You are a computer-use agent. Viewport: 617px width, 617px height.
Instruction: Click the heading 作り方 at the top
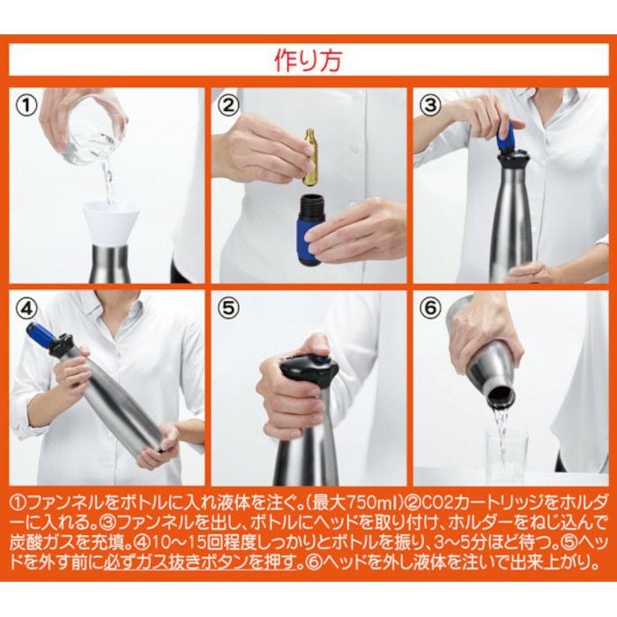point(308,62)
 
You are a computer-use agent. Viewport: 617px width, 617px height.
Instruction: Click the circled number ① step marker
point(28,106)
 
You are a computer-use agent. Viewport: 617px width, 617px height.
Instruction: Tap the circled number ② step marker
point(229,107)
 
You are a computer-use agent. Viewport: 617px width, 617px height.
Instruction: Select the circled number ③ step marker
point(430,106)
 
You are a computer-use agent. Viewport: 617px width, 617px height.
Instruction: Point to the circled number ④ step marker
point(28,310)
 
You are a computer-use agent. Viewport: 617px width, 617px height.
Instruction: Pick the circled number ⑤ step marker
point(229,310)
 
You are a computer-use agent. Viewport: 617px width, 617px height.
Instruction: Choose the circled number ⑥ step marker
point(430,310)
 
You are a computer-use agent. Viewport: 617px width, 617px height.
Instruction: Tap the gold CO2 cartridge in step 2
point(310,157)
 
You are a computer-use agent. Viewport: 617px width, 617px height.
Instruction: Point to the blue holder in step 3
point(505,136)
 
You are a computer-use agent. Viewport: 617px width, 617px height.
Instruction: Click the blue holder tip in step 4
point(40,334)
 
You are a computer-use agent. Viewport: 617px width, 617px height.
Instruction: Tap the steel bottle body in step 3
point(511,220)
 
